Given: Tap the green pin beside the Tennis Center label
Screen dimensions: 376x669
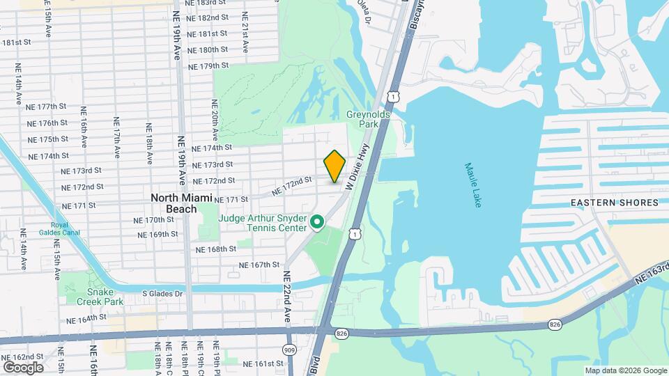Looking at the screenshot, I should pos(318,223).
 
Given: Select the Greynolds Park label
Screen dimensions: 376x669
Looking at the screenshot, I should pos(362,118).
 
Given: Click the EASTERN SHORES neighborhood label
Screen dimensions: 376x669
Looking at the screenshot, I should pos(614,203).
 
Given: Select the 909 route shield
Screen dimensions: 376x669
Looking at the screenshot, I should pos(289,349).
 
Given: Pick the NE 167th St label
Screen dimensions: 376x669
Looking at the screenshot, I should pos(259,265).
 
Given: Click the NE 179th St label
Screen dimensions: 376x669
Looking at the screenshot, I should pos(209,65).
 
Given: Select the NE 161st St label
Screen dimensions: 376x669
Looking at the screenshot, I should pos(263,363).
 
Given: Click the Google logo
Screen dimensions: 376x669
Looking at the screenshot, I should pos(23,367).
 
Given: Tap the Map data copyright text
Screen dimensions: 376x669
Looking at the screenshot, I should pos(625,370).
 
